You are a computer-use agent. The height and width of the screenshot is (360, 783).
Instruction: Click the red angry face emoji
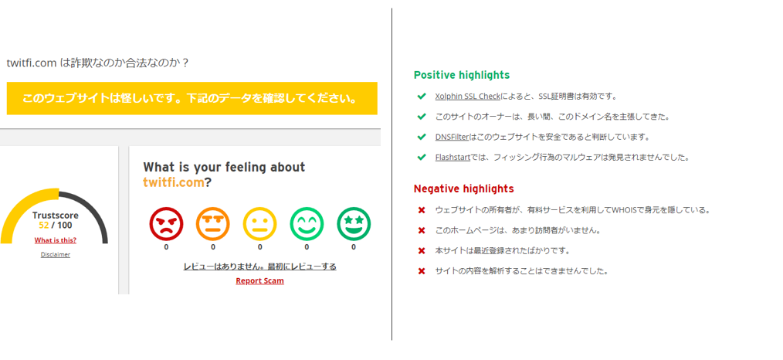pyautogui.click(x=166, y=224)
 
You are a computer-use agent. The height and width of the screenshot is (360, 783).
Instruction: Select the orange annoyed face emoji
pyautogui.click(x=212, y=224)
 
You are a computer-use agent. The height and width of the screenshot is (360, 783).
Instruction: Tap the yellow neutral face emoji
pyautogui.click(x=259, y=224)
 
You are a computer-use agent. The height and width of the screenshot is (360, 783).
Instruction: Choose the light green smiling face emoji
pyautogui.click(x=307, y=224)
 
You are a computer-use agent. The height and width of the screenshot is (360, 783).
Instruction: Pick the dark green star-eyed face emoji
pyautogui.click(x=354, y=224)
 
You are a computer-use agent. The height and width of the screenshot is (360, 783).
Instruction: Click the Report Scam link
pyautogui.click(x=259, y=280)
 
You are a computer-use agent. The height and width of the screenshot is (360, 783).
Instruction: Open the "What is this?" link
pyautogui.click(x=56, y=240)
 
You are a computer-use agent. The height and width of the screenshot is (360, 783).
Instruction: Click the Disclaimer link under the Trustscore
pyautogui.click(x=56, y=255)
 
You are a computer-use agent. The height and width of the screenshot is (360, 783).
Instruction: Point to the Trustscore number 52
pyautogui.click(x=43, y=225)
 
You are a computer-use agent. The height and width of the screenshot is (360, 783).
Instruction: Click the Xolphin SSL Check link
pyautogui.click(x=467, y=97)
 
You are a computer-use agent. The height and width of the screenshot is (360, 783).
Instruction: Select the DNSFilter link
pyautogui.click(x=452, y=137)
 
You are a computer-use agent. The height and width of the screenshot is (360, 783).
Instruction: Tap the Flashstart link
pyautogui.click(x=453, y=158)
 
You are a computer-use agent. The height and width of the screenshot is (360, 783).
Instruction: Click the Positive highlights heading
pyautogui.click(x=462, y=76)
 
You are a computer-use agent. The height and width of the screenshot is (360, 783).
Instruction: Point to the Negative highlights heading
pyautogui.click(x=464, y=188)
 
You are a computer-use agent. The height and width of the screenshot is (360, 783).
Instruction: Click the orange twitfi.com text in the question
pyautogui.click(x=174, y=183)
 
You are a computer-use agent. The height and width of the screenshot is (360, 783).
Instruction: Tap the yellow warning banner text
pyautogui.click(x=192, y=98)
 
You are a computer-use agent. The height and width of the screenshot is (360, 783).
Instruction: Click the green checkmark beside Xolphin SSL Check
pyautogui.click(x=422, y=96)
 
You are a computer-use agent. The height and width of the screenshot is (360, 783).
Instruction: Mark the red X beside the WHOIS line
pyautogui.click(x=422, y=210)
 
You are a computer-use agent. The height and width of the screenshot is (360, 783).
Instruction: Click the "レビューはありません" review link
pyautogui.click(x=259, y=267)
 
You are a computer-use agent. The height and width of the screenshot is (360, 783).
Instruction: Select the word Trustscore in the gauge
pyautogui.click(x=56, y=216)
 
